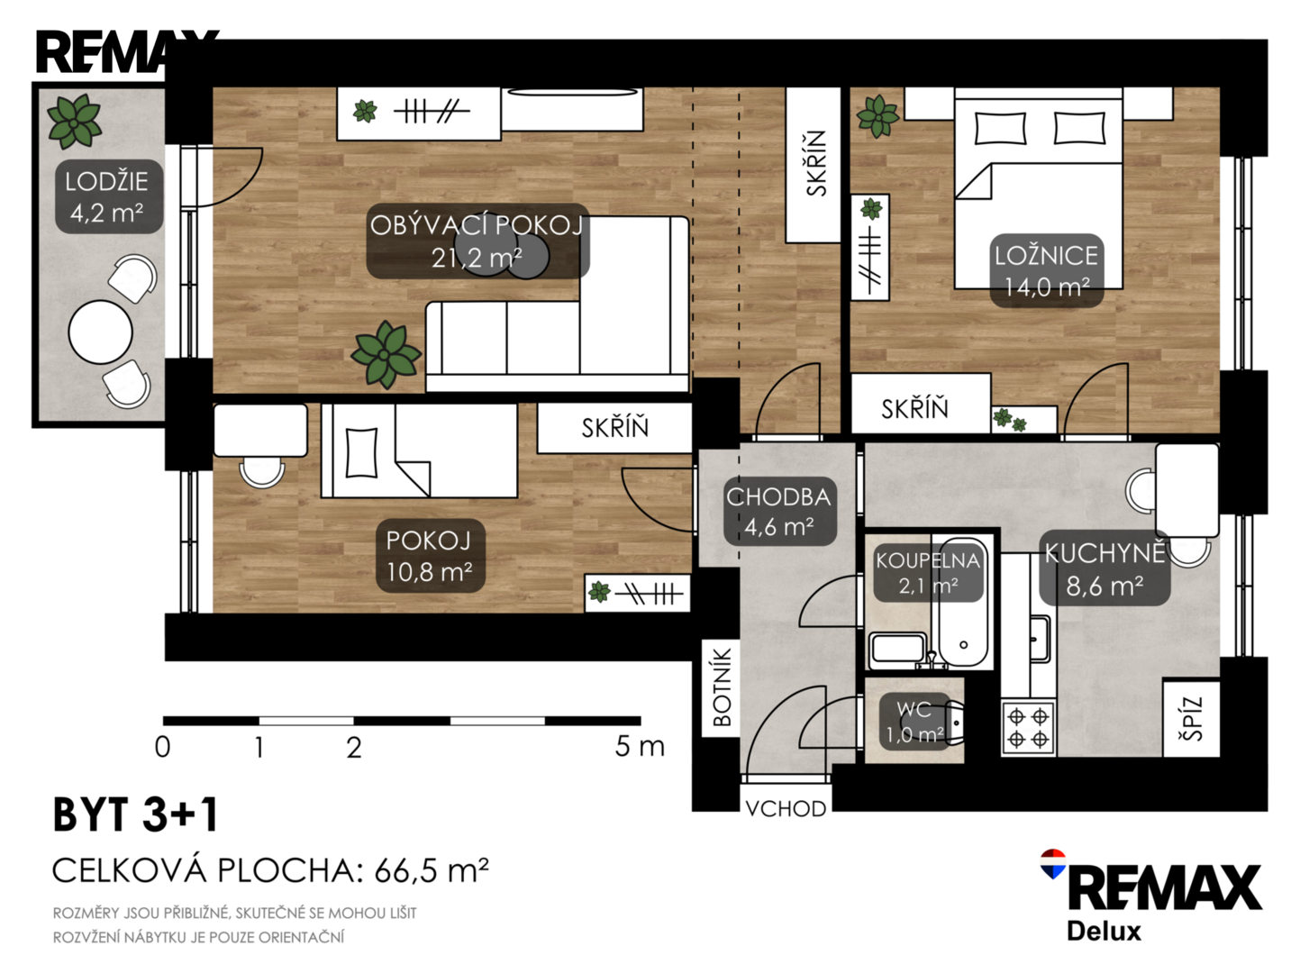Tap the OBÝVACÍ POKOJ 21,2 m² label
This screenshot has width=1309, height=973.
(x=477, y=241)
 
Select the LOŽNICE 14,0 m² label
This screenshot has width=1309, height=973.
(x=1046, y=271)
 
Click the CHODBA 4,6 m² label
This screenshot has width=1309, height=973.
(x=779, y=512)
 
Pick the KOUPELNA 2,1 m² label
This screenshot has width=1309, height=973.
(x=928, y=573)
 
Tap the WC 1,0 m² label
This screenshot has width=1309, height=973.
(x=914, y=722)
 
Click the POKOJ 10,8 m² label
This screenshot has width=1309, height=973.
(x=431, y=556)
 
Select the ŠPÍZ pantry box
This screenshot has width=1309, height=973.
(x=1191, y=719)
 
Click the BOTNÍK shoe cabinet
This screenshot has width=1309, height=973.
(x=722, y=687)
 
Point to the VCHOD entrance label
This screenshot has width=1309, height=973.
(x=786, y=809)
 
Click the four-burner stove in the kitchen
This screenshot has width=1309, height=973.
(x=1028, y=727)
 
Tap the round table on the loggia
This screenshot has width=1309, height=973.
(x=100, y=332)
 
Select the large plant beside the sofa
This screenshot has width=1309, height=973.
(x=386, y=355)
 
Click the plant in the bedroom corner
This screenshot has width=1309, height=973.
(x=877, y=116)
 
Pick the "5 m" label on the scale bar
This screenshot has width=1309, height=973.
(x=640, y=747)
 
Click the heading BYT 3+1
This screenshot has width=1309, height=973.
(x=136, y=814)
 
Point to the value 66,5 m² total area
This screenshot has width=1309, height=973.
(x=432, y=870)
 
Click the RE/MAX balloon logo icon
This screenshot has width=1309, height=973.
(x=1053, y=864)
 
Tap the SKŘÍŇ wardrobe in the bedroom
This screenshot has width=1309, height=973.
(x=921, y=404)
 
